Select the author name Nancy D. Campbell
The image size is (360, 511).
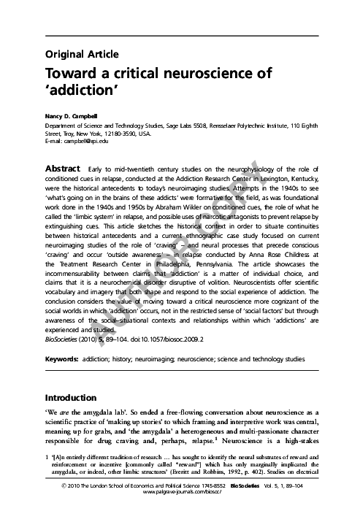[74, 117]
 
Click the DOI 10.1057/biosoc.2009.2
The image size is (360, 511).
[151, 340]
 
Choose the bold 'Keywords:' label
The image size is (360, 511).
[62, 360]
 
